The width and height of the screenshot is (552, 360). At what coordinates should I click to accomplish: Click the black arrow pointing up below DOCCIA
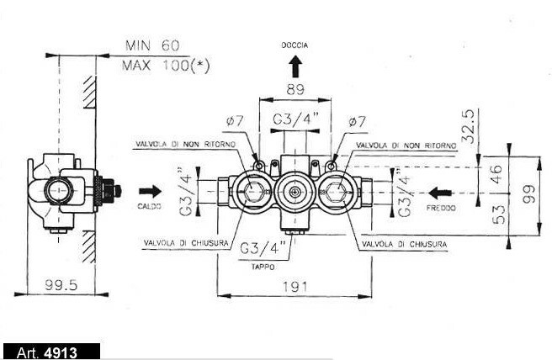[x=295, y=67]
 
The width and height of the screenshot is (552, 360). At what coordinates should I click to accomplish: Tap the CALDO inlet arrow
[x=151, y=192]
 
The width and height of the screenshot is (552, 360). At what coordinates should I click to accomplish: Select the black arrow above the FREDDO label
[x=440, y=193]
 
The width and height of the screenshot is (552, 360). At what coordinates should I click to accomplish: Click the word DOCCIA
[x=295, y=45]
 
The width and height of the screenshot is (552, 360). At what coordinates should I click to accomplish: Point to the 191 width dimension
[x=295, y=287]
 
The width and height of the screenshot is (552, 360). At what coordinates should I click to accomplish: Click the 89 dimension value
[x=295, y=90]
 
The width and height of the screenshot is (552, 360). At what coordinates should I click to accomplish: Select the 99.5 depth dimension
[x=61, y=285]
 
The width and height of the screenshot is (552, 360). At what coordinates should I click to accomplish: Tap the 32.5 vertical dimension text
[x=469, y=126]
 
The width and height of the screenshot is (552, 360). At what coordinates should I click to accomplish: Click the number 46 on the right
[x=496, y=173]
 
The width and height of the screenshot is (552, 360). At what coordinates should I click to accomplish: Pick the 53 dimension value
[x=498, y=214]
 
